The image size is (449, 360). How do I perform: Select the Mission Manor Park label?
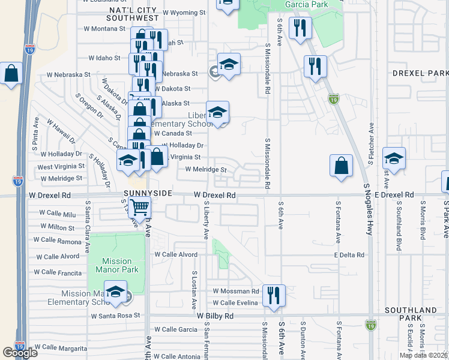pyautogui.click(x=116, y=265)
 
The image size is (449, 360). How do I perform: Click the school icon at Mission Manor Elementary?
pyautogui.click(x=115, y=292)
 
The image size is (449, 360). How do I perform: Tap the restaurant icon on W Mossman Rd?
pyautogui.click(x=273, y=295)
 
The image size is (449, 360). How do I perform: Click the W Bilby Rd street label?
pyautogui.click(x=214, y=315)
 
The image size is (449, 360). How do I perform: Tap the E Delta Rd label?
pyautogui.click(x=349, y=255)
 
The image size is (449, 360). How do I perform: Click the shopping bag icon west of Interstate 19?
pyautogui.click(x=11, y=74)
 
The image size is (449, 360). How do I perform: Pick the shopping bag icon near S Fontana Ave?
pyautogui.click(x=341, y=166)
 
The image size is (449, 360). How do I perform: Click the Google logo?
pyautogui.click(x=20, y=353)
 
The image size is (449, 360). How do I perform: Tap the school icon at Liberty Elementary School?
pyautogui.click(x=217, y=112)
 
